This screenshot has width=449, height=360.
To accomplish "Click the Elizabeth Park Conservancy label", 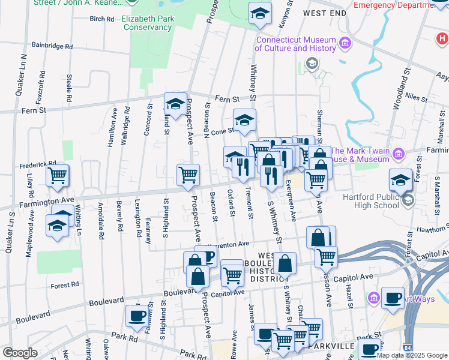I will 148,23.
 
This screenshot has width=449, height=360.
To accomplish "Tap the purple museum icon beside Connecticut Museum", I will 345,43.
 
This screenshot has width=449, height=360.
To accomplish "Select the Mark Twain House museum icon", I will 397,155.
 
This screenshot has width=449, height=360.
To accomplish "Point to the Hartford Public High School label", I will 370,200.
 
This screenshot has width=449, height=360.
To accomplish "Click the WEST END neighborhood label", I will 325,13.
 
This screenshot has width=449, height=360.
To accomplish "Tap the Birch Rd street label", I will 101,19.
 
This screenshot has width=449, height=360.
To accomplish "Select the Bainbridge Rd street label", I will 52,46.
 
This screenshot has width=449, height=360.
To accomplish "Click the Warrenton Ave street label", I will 228,245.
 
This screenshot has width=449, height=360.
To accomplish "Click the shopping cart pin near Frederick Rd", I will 58,176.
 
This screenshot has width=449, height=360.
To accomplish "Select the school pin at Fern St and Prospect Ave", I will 175,104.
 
